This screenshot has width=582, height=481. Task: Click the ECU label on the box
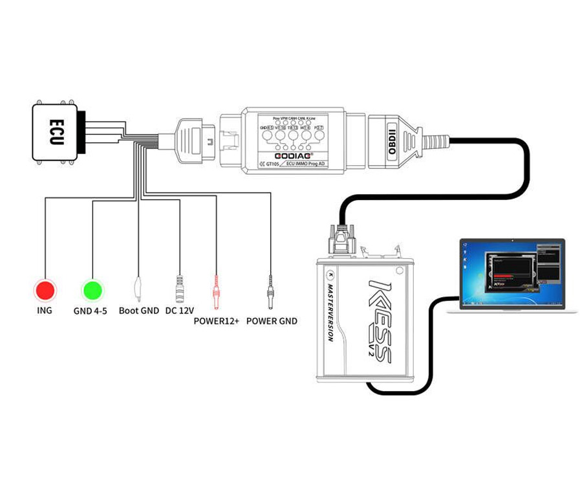(56, 132)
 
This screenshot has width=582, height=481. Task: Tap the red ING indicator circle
(45, 290)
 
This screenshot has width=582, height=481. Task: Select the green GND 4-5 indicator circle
(92, 290)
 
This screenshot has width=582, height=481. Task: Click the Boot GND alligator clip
(138, 285)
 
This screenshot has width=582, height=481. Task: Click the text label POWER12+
(216, 320)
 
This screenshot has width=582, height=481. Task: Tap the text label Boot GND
(138, 311)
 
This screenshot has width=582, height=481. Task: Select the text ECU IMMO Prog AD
(307, 164)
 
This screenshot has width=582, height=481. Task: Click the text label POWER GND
(272, 320)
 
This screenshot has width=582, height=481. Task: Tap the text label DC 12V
(179, 311)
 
